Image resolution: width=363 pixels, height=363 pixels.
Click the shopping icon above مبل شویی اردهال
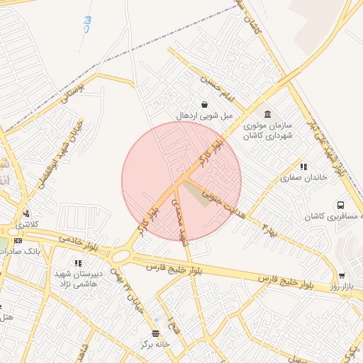point(204,104)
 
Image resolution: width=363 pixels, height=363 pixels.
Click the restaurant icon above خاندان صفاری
point(304,167)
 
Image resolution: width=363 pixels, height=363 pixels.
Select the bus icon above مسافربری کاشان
point(341,205)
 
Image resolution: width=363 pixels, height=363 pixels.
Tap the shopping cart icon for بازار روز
point(342,276)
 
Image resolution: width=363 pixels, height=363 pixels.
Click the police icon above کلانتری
point(27,213)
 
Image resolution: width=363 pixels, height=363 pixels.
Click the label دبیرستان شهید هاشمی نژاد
point(78,277)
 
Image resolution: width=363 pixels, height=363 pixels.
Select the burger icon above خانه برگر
point(156,333)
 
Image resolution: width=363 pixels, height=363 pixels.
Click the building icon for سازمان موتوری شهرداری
point(267,114)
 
